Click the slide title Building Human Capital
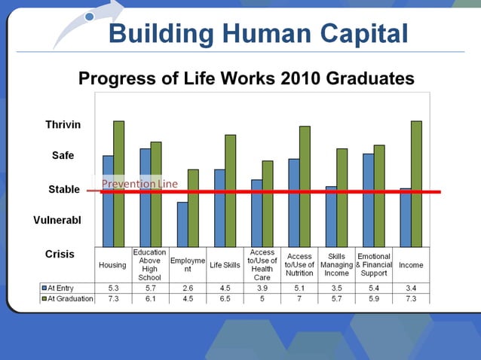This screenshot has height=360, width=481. pyautogui.click(x=258, y=33)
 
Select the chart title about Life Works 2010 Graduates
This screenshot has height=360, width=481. pyautogui.click(x=247, y=78)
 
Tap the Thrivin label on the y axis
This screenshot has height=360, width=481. pyautogui.click(x=63, y=124)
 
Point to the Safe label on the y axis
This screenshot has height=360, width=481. pyautogui.click(x=63, y=156)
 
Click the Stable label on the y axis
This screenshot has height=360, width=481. pyautogui.click(x=64, y=189)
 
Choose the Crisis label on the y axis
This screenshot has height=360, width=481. pyautogui.click(x=60, y=254)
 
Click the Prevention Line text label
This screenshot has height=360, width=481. pyautogui.click(x=139, y=184)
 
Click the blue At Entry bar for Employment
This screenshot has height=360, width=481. pyautogui.click(x=182, y=224)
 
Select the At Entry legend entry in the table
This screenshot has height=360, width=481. pyautogui.click(x=67, y=288)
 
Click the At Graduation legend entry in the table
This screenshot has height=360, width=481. pyautogui.click(x=67, y=298)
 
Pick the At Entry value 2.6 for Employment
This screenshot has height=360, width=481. pyautogui.click(x=187, y=288)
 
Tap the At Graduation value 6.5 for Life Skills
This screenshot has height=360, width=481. pyautogui.click(x=224, y=298)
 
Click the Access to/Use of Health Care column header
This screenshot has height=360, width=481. pyautogui.click(x=262, y=265)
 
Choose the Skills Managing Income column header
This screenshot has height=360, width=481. pyautogui.click(x=336, y=265)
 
